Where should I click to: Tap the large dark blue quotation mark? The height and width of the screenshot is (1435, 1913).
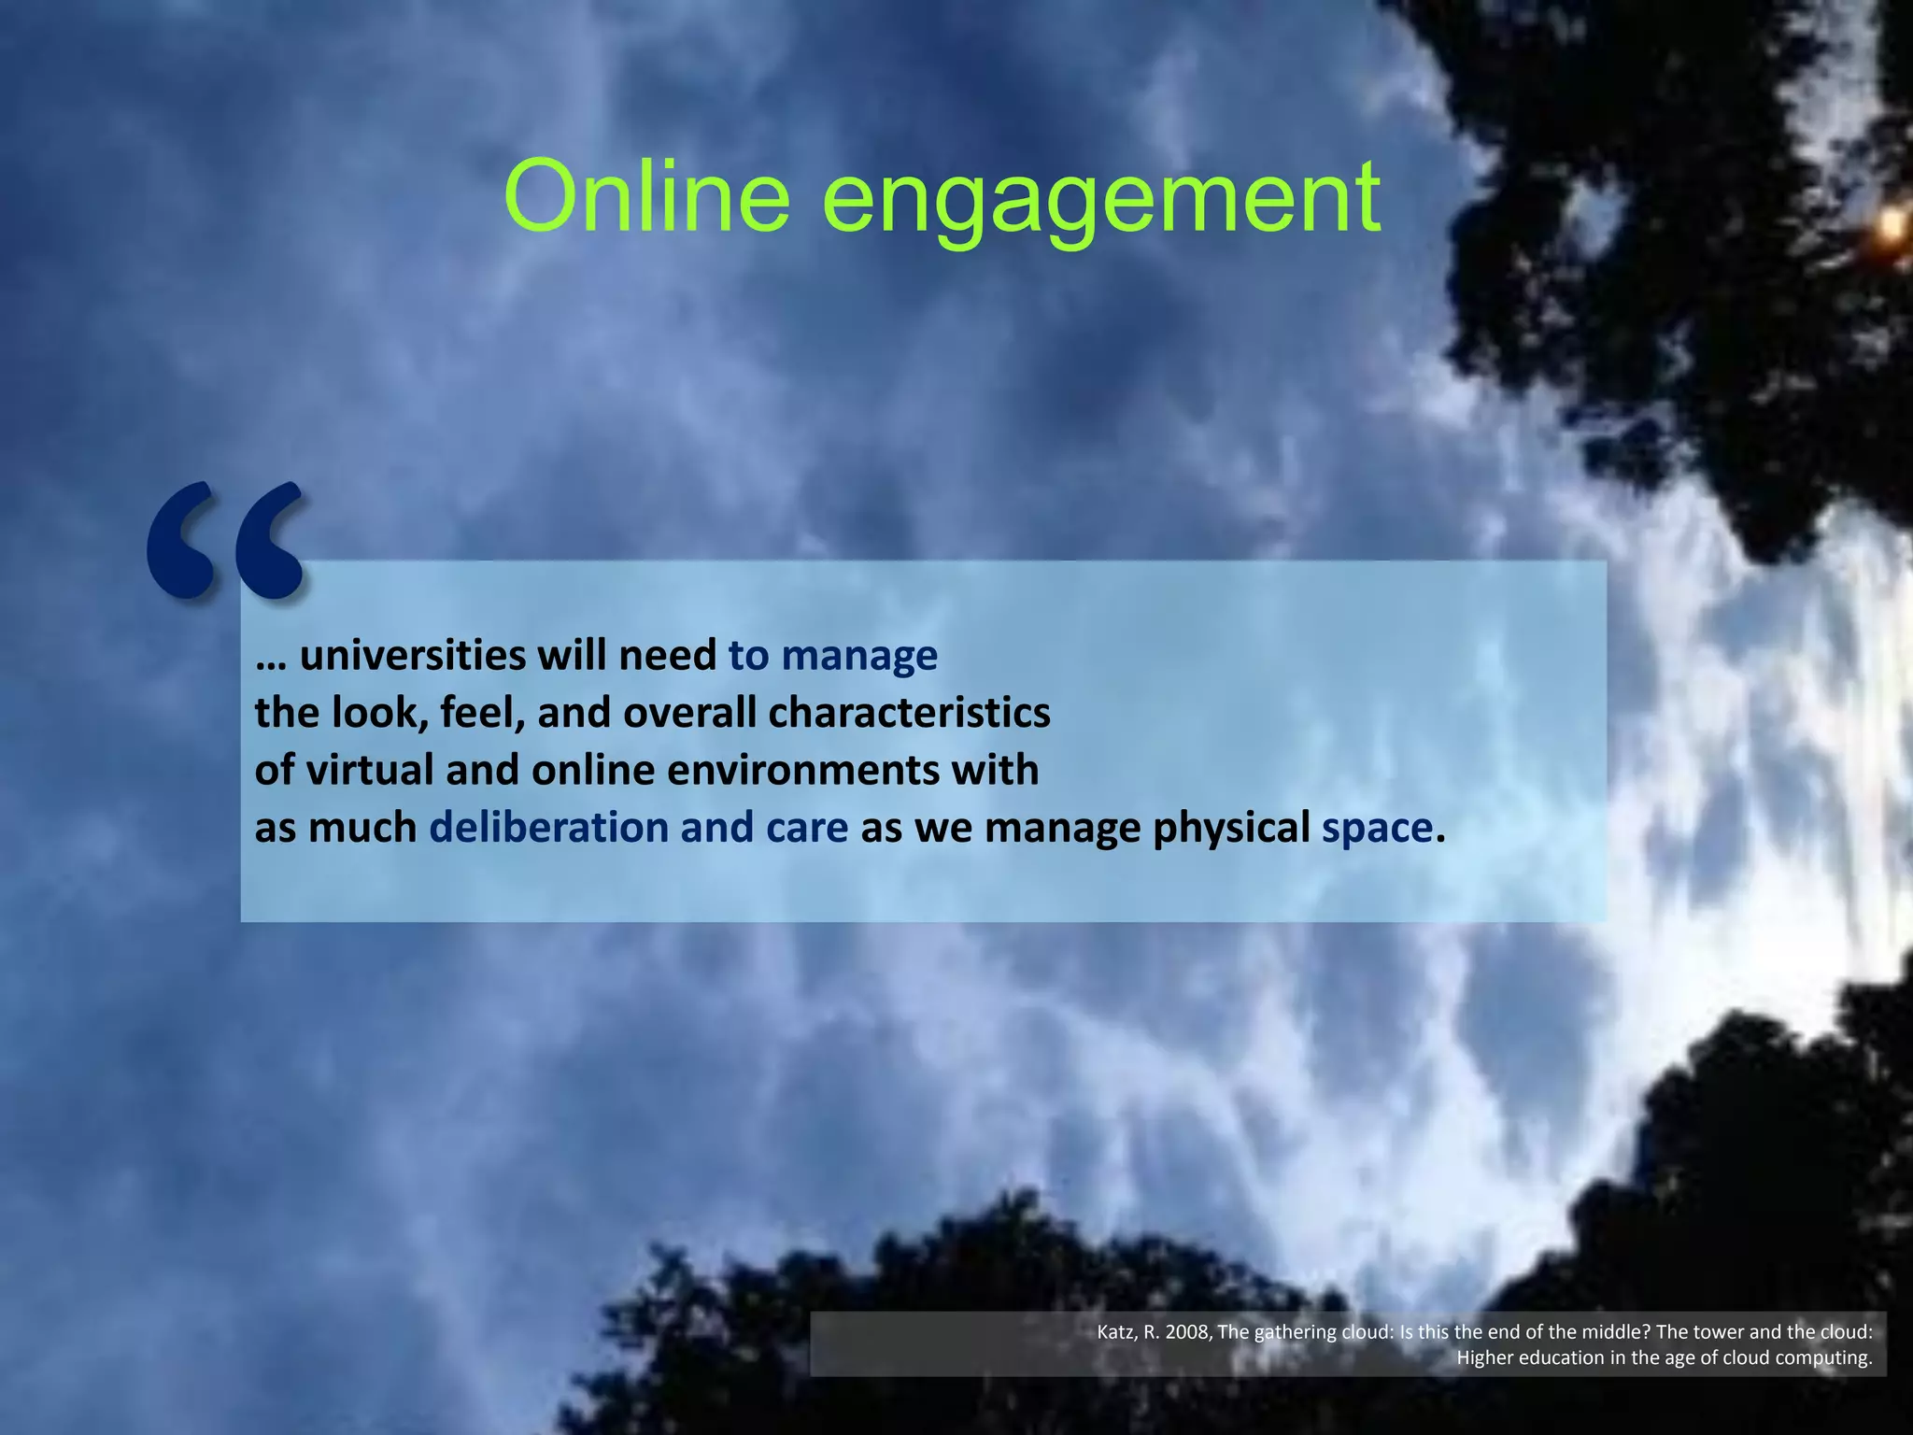click(225, 540)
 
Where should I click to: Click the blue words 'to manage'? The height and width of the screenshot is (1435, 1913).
click(832, 657)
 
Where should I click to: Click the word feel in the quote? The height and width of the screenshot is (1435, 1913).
click(475, 714)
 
